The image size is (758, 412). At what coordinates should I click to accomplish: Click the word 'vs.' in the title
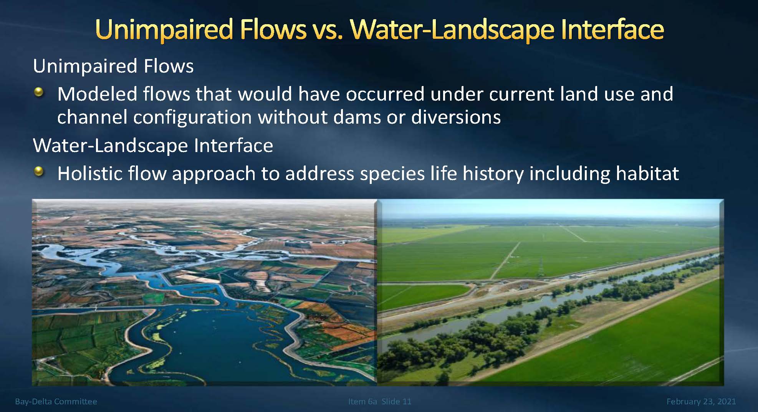(326, 30)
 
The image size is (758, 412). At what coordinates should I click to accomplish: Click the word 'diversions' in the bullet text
(456, 117)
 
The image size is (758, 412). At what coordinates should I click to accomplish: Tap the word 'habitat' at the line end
(647, 173)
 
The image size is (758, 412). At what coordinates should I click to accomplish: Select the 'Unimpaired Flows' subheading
(113, 66)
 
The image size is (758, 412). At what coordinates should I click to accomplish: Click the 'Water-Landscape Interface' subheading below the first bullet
(153, 146)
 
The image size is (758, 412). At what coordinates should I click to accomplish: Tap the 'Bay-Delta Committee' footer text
(56, 401)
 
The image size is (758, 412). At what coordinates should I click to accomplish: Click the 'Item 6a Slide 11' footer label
(380, 401)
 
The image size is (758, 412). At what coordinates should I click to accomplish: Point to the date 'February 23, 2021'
(701, 402)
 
